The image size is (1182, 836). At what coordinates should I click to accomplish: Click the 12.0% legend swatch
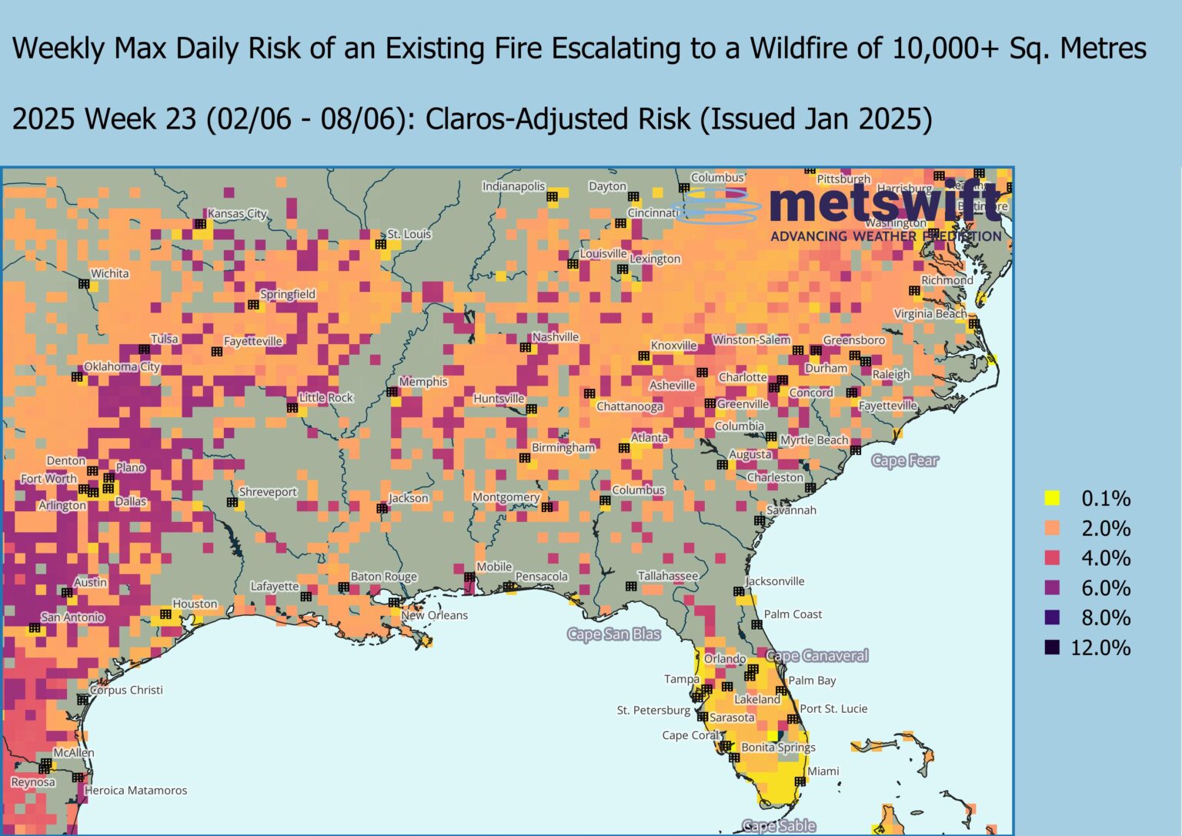pos(1052,647)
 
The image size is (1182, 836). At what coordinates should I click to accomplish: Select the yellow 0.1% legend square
pos(1052,498)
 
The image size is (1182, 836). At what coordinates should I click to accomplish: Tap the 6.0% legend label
pos(1106,588)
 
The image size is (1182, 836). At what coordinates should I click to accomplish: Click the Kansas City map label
pos(237,213)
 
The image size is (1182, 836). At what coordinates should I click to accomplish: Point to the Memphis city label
pos(422,382)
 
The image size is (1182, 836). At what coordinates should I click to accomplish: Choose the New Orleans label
pos(434,615)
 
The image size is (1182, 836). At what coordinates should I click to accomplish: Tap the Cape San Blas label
pos(613,634)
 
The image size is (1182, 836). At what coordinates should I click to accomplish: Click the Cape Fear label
pos(904,461)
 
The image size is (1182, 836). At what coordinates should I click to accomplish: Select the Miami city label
pos(823,771)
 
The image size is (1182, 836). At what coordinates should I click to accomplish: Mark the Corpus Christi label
pos(126,690)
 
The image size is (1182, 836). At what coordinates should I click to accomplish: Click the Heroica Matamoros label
pos(135,790)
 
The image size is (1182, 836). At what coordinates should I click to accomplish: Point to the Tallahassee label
pos(667,576)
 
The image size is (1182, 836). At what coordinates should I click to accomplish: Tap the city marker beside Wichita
pos(85,284)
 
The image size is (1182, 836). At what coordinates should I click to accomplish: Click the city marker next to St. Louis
pos(380,244)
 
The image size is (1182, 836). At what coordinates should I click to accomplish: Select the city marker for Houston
pos(165,614)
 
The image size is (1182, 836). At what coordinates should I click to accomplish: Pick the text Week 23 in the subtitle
pos(141,119)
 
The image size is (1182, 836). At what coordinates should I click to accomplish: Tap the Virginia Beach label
pos(930,313)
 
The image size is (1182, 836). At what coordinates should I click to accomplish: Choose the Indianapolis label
pos(513,186)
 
